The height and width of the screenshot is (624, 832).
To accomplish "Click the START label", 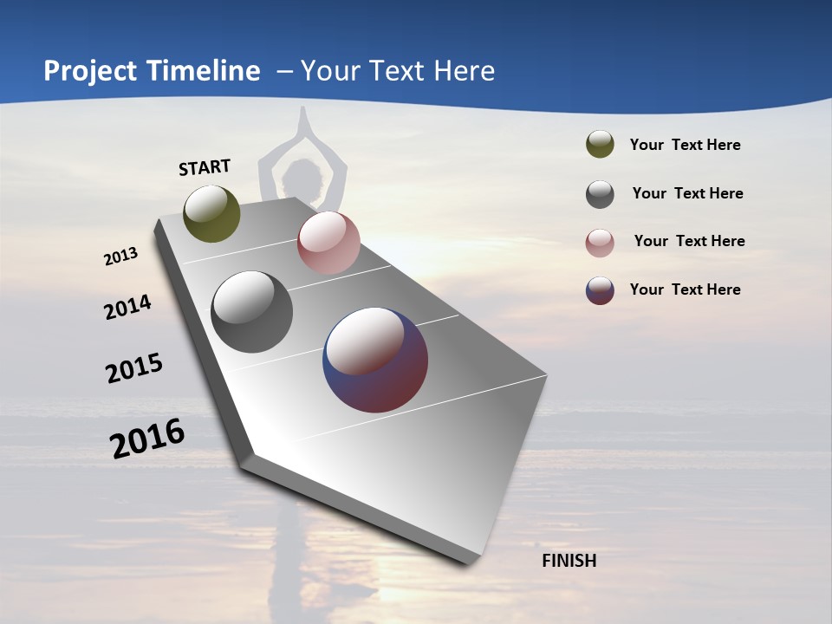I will point(205,166).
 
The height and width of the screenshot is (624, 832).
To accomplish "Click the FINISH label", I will point(569,561).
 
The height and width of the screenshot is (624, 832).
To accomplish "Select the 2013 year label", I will point(120,257).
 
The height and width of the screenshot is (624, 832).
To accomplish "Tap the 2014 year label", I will point(127,307).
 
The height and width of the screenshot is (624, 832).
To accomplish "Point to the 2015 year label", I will point(134,368).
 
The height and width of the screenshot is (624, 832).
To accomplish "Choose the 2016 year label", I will point(147,439).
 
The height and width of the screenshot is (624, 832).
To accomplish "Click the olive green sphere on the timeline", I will point(211,214).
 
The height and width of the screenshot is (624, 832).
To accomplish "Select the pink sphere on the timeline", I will point(328,243).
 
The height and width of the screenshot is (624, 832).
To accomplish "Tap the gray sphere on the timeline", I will point(251,312).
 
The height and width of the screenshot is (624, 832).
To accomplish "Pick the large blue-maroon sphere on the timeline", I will point(375,360).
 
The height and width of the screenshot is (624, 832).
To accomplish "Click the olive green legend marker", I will point(600,145).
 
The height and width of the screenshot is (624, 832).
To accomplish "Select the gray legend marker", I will point(600,194).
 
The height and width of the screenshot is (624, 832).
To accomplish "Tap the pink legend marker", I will point(600,243).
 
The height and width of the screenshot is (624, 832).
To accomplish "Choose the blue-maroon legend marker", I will point(600,290).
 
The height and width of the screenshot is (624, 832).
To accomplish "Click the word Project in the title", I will point(90,71).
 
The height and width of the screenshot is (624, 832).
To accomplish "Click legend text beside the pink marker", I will point(689,241).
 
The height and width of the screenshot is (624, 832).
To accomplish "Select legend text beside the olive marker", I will point(685,145).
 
